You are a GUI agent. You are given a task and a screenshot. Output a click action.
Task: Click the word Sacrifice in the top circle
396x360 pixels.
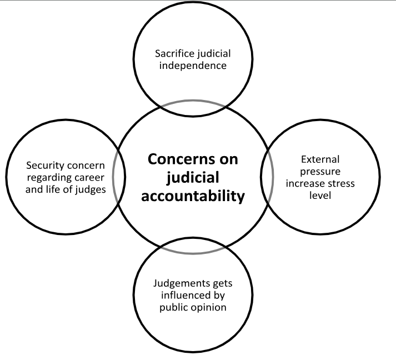173,54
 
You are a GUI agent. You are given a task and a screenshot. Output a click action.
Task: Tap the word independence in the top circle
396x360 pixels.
191,66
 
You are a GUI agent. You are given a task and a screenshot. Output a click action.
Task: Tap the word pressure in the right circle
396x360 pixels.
320,172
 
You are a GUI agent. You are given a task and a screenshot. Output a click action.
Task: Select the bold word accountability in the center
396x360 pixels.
193,197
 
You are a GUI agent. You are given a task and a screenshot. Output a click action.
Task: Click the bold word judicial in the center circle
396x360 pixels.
193,178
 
